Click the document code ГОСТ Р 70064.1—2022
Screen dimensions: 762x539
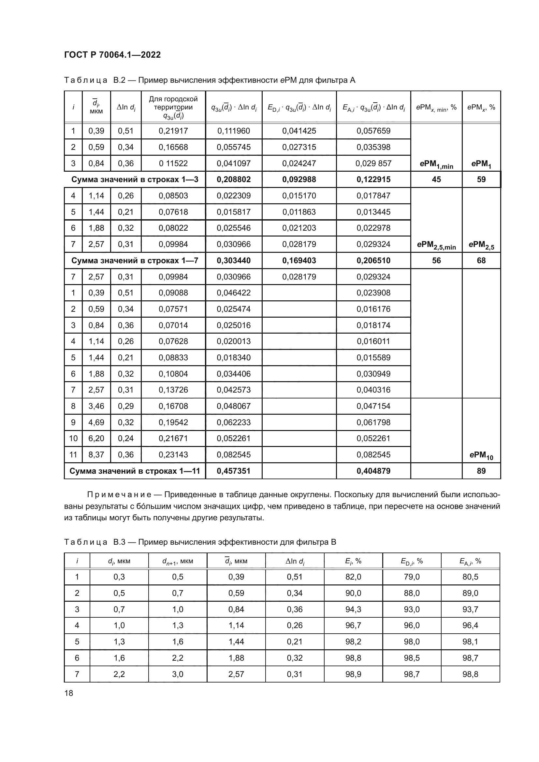pyautogui.click(x=112, y=55)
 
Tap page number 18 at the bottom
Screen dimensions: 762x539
pyautogui.click(x=69, y=693)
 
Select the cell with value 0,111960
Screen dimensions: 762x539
pyautogui.click(x=234, y=131)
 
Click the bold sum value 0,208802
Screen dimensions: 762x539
pyautogui.click(x=234, y=180)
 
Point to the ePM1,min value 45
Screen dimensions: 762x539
pyautogui.click(x=436, y=180)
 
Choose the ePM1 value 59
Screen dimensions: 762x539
pyautogui.click(x=481, y=180)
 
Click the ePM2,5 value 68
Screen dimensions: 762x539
pyautogui.click(x=481, y=261)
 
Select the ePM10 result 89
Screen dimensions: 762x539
pyautogui.click(x=481, y=471)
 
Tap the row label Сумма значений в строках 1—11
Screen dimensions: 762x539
pyautogui.click(x=135, y=471)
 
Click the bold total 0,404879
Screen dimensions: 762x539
pyautogui.click(x=373, y=471)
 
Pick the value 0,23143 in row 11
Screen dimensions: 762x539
pyautogui.click(x=173, y=455)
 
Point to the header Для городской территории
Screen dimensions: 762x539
pyautogui.click(x=173, y=103)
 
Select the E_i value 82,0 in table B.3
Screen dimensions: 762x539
pyautogui.click(x=353, y=577)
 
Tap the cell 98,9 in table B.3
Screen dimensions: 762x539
pyautogui.click(x=353, y=674)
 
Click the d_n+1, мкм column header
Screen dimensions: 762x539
pyautogui.click(x=178, y=561)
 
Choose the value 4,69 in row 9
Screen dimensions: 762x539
pyautogui.click(x=96, y=422)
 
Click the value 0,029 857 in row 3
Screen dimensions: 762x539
pyautogui.click(x=373, y=163)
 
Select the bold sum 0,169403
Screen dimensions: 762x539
pyautogui.click(x=299, y=261)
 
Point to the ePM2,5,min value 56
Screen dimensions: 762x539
pyautogui.click(x=436, y=261)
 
